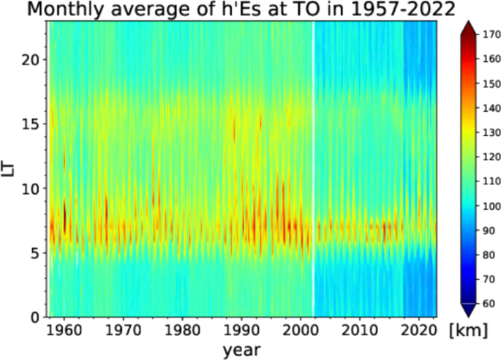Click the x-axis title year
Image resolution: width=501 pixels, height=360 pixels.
[242, 349]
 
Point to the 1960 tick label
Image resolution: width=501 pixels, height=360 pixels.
[64, 329]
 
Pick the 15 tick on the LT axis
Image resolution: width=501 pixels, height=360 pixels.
[31, 124]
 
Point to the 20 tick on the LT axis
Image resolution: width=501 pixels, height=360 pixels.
[31, 60]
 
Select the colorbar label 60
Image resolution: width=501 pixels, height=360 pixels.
[483, 302]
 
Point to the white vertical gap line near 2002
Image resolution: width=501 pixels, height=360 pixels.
[313, 168]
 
